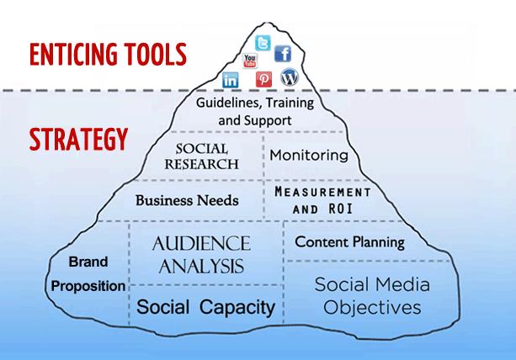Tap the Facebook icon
[x=283, y=55]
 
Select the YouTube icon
[x=250, y=61]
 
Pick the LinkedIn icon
[x=231, y=80]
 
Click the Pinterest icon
[x=264, y=80]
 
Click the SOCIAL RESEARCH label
[x=201, y=156]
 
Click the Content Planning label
[x=349, y=242]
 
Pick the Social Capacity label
[x=205, y=308]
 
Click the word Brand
[x=88, y=262]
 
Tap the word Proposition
[x=88, y=286]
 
